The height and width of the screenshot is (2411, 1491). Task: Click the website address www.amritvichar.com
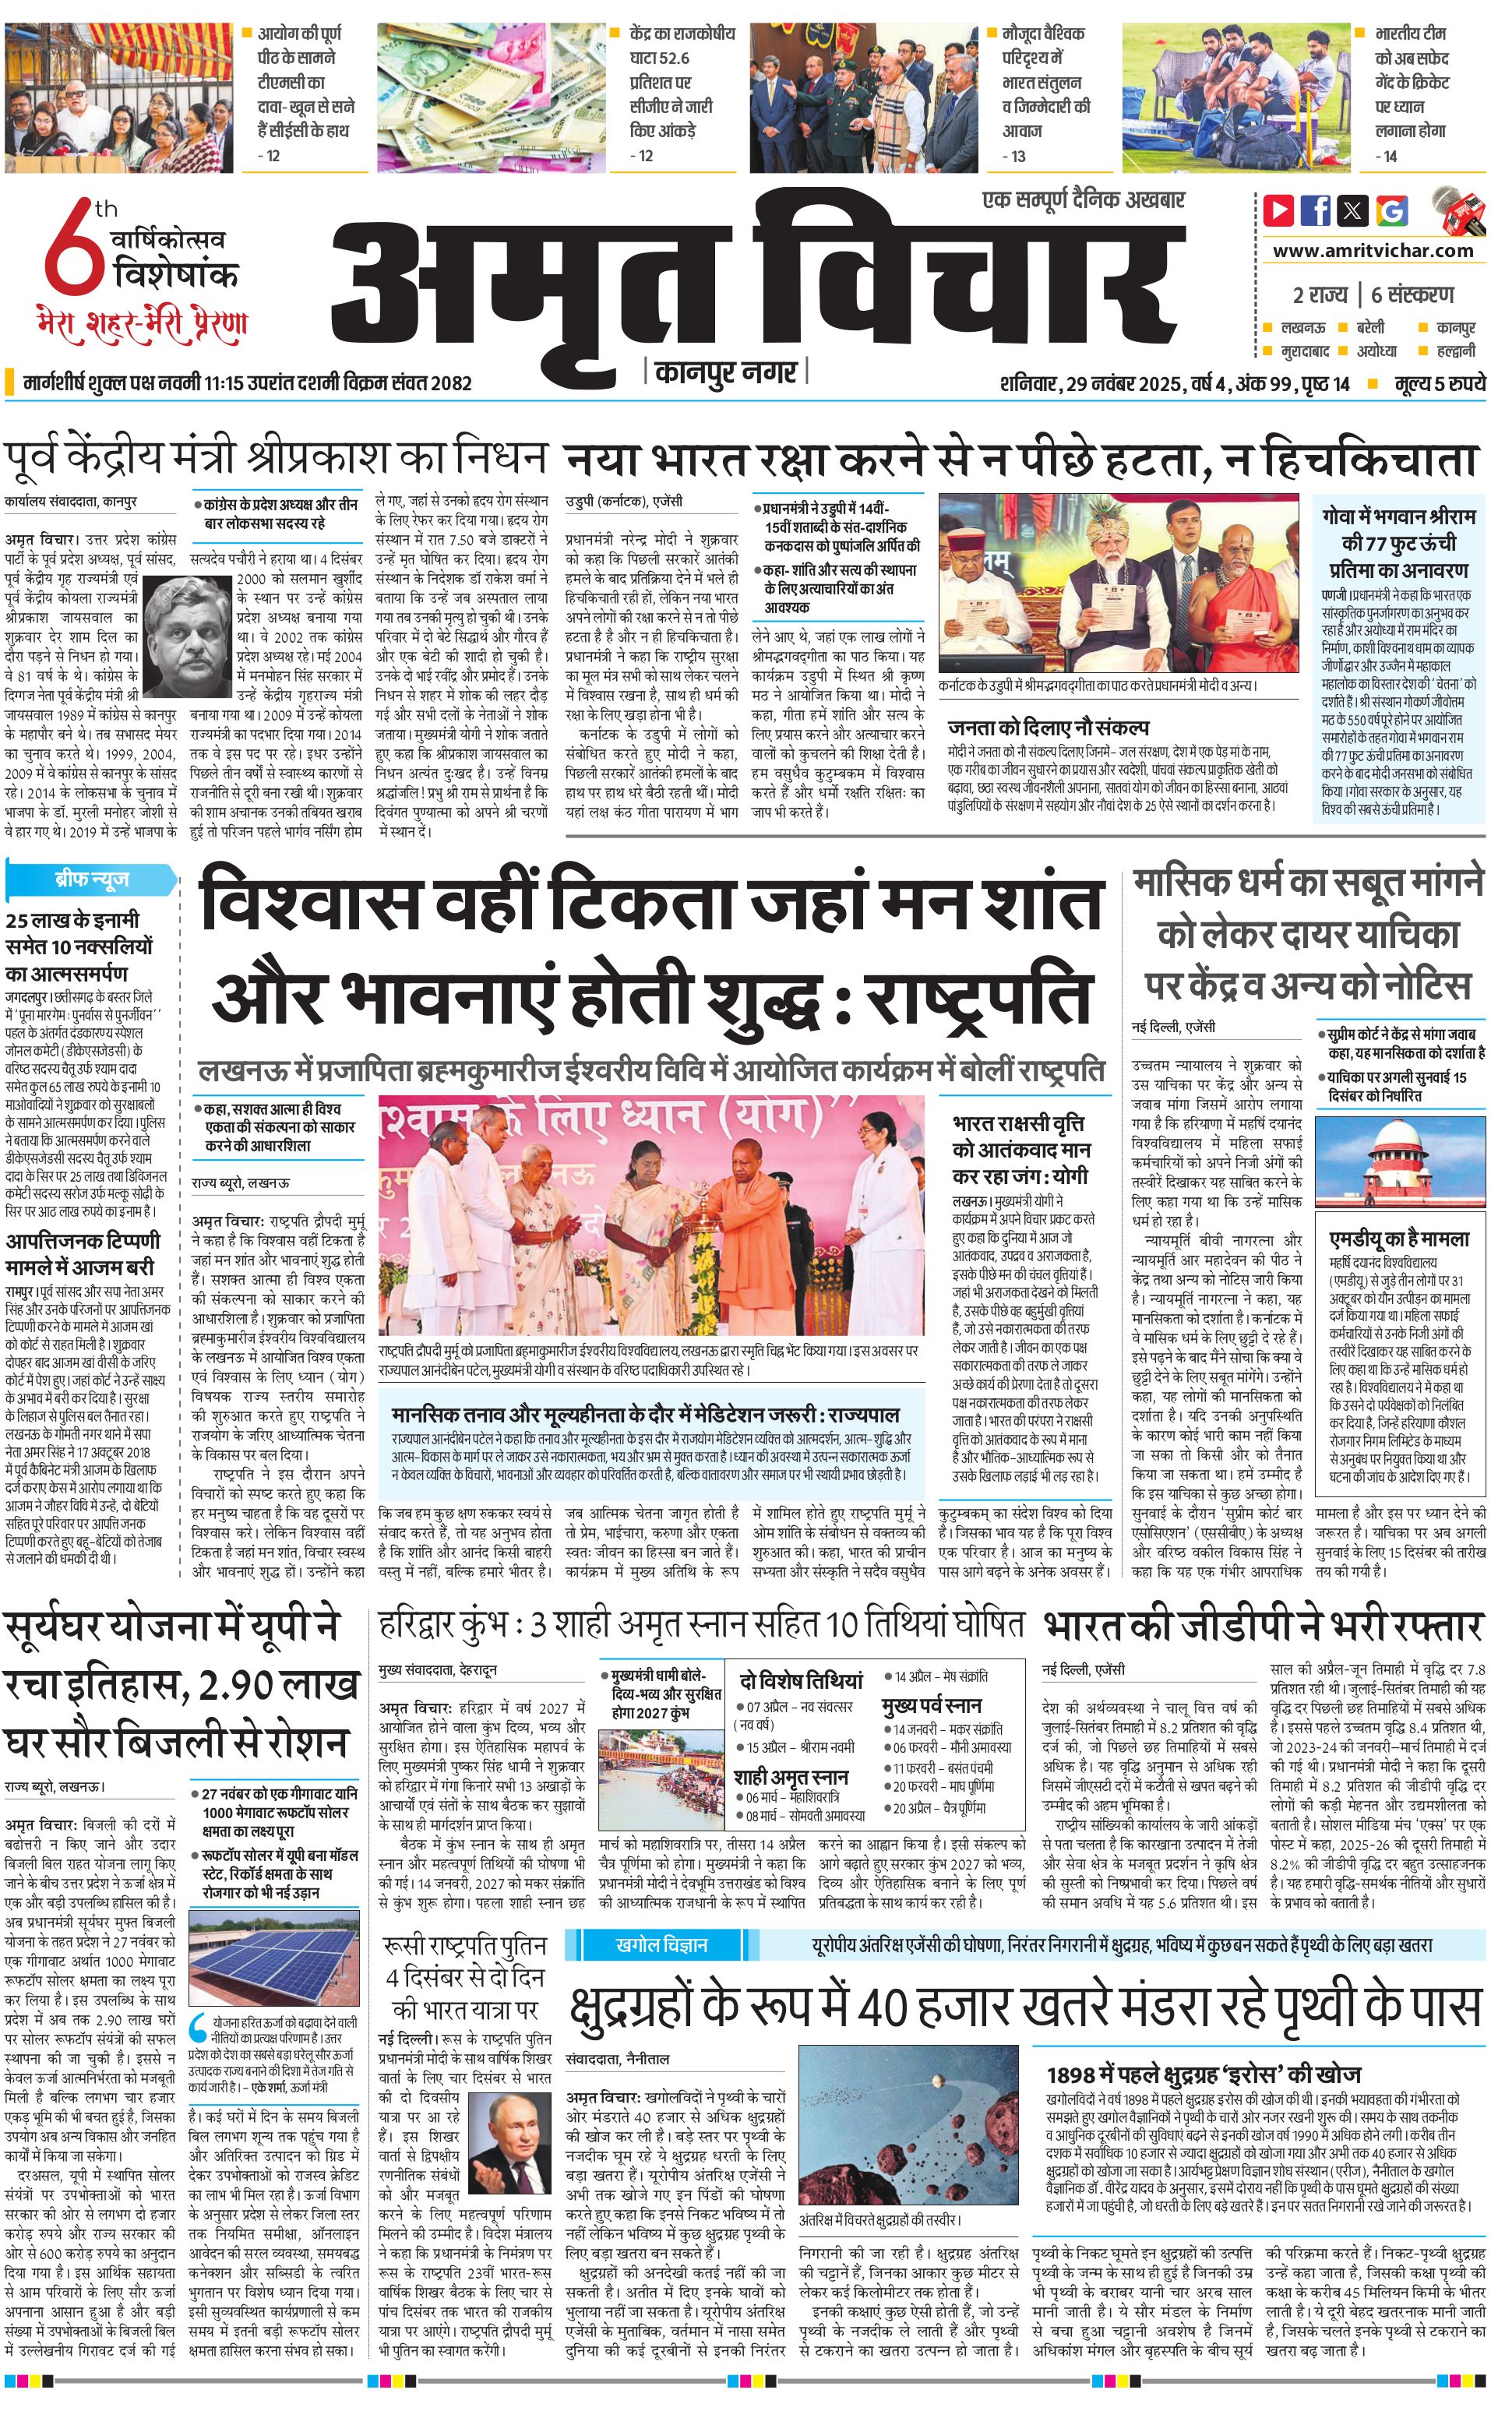coord(1373,251)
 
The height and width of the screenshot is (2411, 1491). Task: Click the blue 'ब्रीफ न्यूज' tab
coord(92,878)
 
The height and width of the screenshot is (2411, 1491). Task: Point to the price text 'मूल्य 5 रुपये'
coord(1439,383)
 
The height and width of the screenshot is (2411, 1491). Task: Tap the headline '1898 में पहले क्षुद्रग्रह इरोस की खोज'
coord(1203,2046)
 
